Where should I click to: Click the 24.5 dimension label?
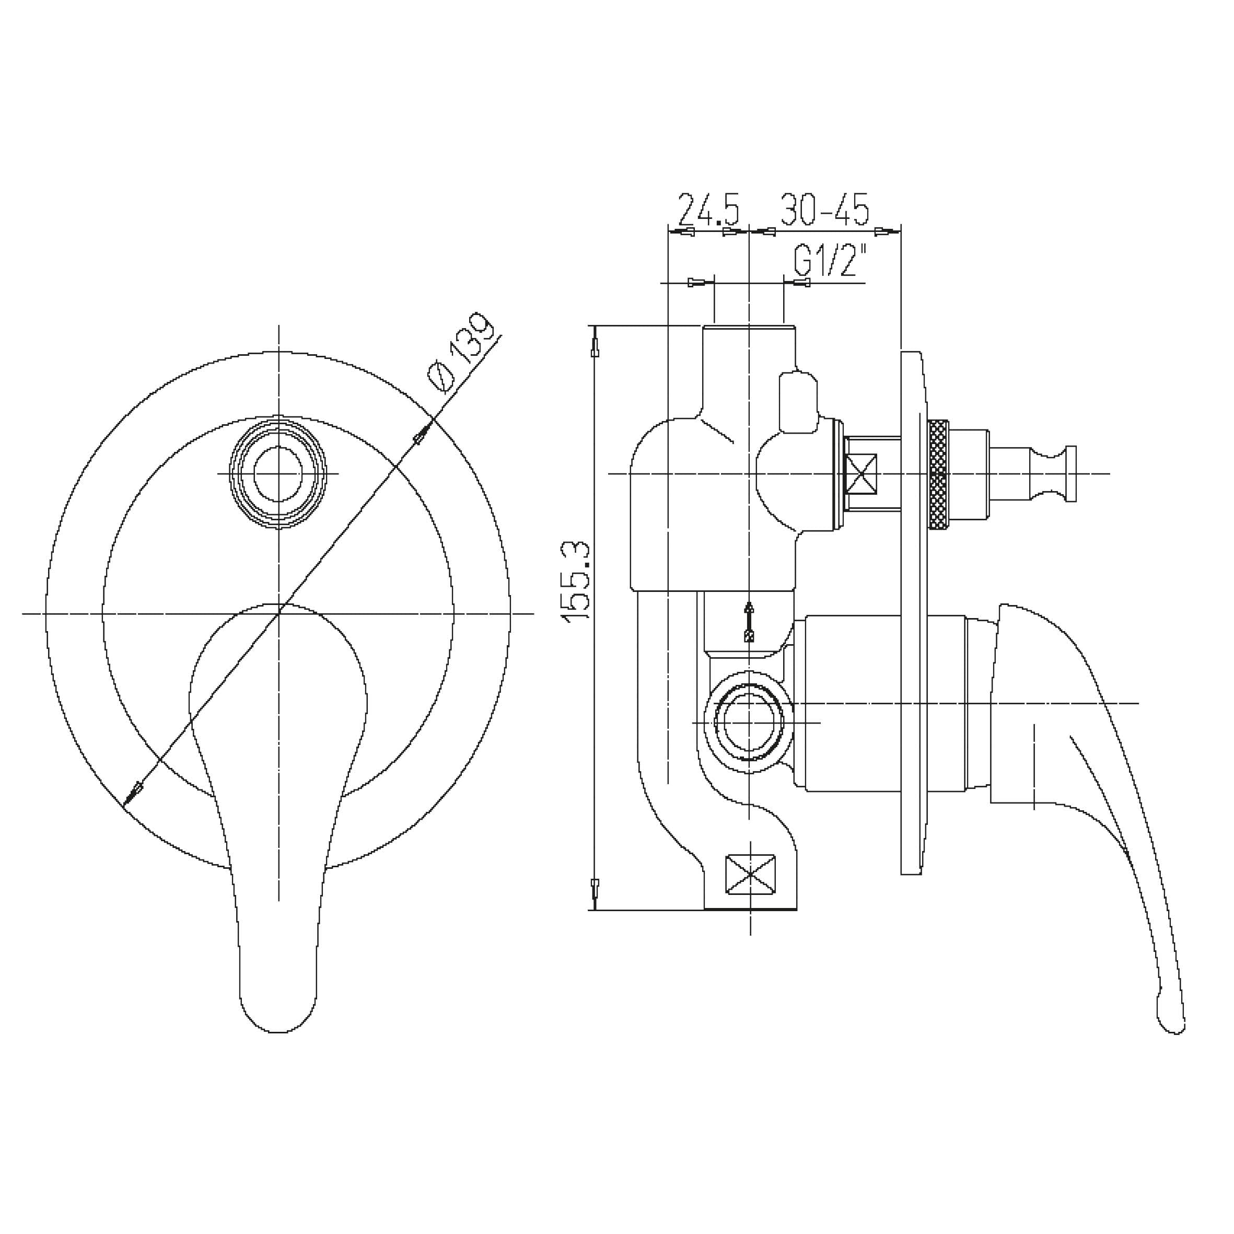708,209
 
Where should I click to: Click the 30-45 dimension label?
824,209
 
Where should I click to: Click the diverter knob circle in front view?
278,473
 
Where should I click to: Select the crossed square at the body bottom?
751,875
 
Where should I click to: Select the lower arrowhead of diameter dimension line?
134,792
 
